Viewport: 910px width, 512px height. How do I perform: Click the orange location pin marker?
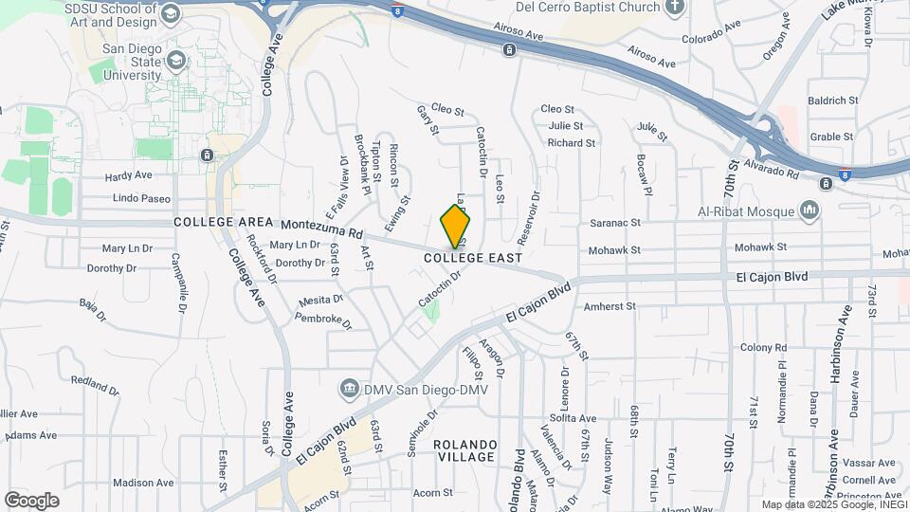(456, 226)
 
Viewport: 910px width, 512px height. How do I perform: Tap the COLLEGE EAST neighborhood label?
(473, 258)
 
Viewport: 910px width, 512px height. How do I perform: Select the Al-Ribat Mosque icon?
(810, 210)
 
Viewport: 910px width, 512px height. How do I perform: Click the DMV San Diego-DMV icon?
(349, 390)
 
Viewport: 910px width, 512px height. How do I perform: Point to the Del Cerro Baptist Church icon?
(675, 9)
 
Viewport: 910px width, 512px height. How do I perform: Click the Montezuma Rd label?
(322, 231)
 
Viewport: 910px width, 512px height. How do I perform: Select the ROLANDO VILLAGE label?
(464, 450)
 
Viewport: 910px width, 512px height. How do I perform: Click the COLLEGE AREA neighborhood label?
(216, 222)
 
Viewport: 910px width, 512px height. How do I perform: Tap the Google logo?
(32, 500)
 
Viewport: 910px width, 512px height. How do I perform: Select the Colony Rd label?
(764, 348)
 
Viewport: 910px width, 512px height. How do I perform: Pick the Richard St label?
(572, 143)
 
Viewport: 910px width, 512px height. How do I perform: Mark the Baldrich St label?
(832, 100)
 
